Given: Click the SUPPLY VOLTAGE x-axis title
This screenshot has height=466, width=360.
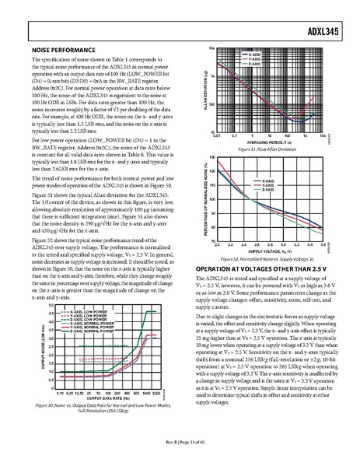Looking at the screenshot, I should click(271, 230).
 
